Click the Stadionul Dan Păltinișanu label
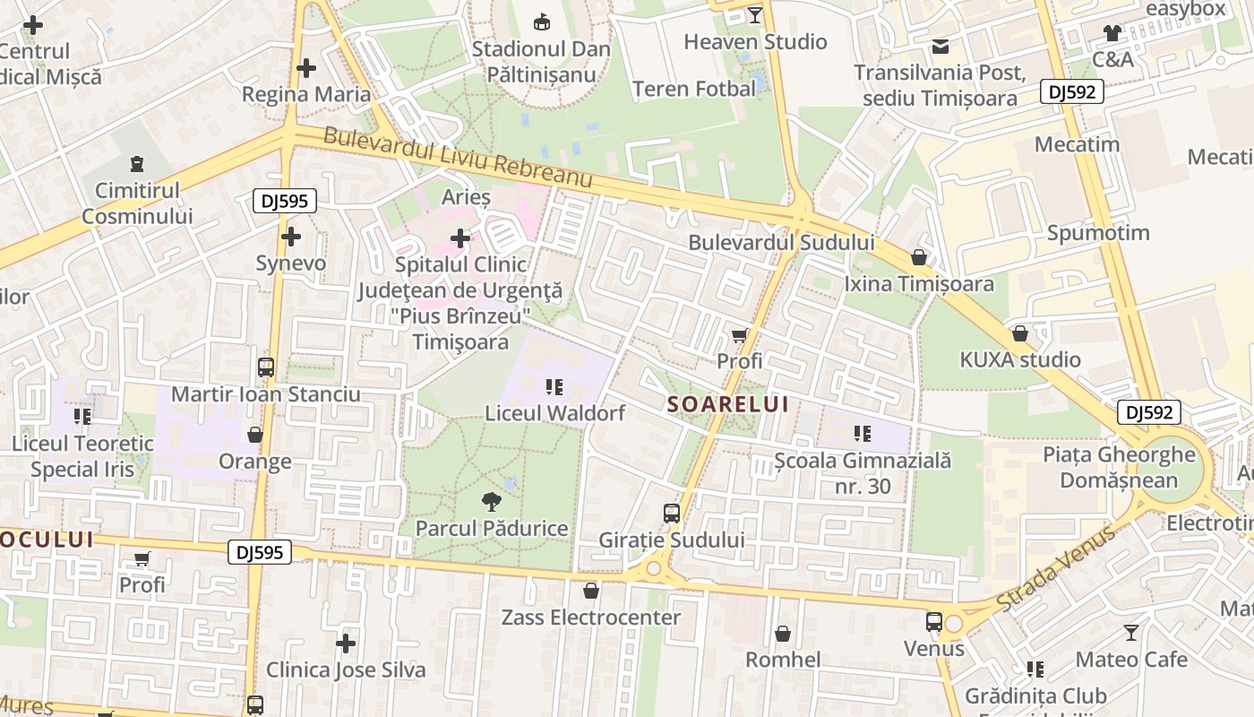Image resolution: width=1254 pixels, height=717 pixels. pyautogui.click(x=541, y=61)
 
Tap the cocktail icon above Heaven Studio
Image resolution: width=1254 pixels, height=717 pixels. pyautogui.click(x=755, y=14)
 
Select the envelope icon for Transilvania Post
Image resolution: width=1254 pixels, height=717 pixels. pyautogui.click(x=940, y=46)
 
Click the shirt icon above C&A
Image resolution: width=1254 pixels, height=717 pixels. pyautogui.click(x=1112, y=33)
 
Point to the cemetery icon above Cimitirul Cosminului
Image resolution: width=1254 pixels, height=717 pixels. pyautogui.click(x=136, y=164)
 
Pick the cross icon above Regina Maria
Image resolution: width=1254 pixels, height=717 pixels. pyautogui.click(x=306, y=68)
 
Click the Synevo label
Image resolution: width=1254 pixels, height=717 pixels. pyautogui.click(x=290, y=263)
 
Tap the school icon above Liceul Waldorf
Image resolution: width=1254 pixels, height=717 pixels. pyautogui.click(x=554, y=387)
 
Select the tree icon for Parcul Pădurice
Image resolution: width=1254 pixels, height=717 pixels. pyautogui.click(x=491, y=502)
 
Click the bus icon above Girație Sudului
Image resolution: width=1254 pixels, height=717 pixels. pyautogui.click(x=672, y=514)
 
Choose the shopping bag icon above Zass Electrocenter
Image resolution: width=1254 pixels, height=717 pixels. pyautogui.click(x=590, y=591)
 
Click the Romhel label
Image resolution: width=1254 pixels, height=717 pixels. pyautogui.click(x=783, y=661)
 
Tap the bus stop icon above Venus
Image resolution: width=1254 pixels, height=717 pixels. pyautogui.click(x=934, y=621)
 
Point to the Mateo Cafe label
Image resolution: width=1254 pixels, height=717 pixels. pyautogui.click(x=1131, y=660)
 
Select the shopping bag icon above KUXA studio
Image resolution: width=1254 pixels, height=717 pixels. pyautogui.click(x=1019, y=334)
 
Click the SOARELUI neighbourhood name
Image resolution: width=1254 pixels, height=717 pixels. pyautogui.click(x=728, y=404)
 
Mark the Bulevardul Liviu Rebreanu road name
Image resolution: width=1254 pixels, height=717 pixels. pyautogui.click(x=458, y=158)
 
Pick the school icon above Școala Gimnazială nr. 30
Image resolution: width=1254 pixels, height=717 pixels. pyautogui.click(x=863, y=434)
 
